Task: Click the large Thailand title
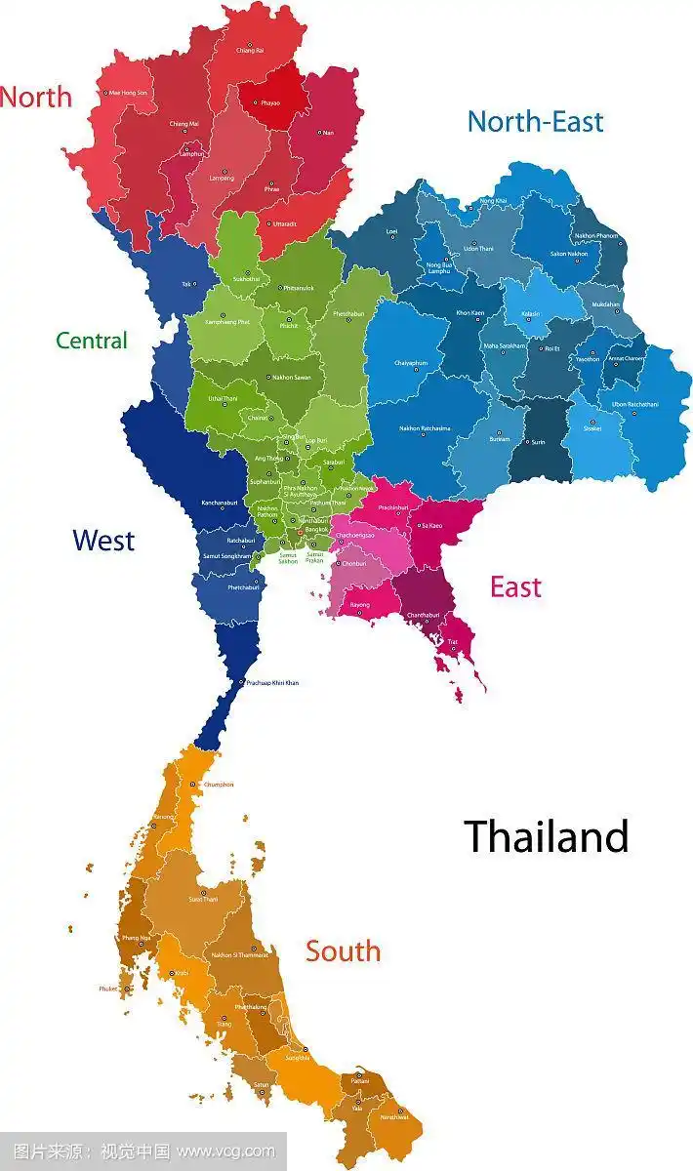tap(546, 836)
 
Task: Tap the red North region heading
tap(36, 97)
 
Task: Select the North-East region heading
tap(535, 122)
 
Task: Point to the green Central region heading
tap(92, 341)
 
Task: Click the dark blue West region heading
tap(103, 540)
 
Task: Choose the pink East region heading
tap(515, 587)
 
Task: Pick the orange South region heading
tap(343, 951)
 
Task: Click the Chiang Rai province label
tap(250, 51)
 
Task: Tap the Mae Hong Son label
tap(128, 93)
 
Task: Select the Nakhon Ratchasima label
tap(425, 428)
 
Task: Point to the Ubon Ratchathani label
tap(634, 404)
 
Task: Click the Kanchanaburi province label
tap(220, 503)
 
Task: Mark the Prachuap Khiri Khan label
tap(272, 682)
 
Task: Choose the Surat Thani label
tap(203, 899)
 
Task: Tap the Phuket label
tap(107, 989)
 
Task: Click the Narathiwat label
tap(394, 1116)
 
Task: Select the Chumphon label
tap(219, 784)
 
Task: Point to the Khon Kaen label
tap(470, 313)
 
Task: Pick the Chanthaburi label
tap(424, 615)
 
